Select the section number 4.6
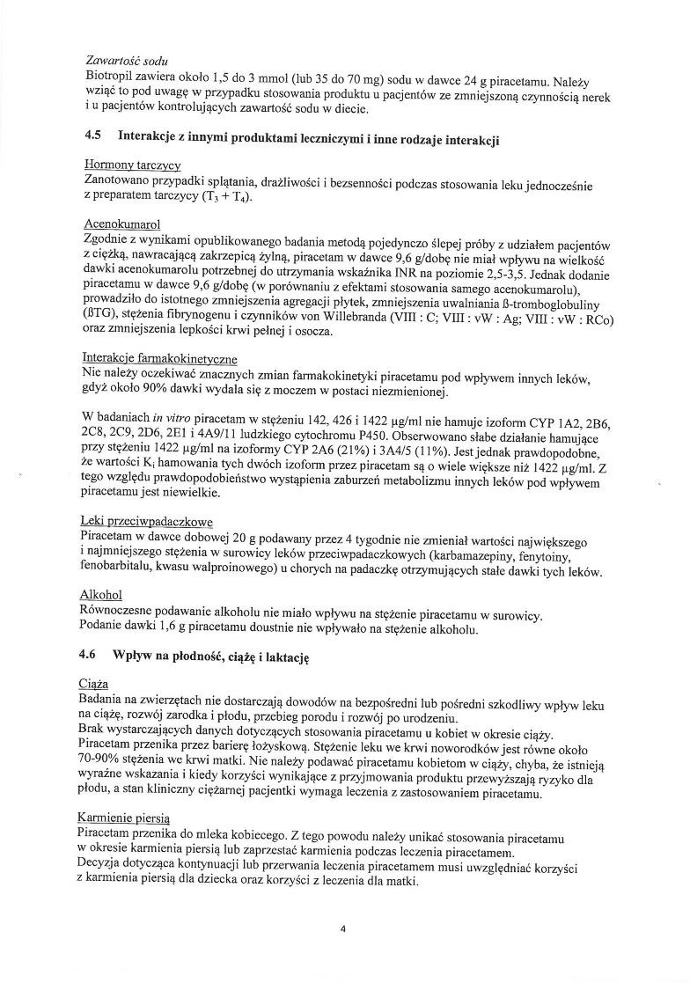(x=86, y=656)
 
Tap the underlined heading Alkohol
(x=100, y=595)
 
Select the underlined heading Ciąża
(x=94, y=682)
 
